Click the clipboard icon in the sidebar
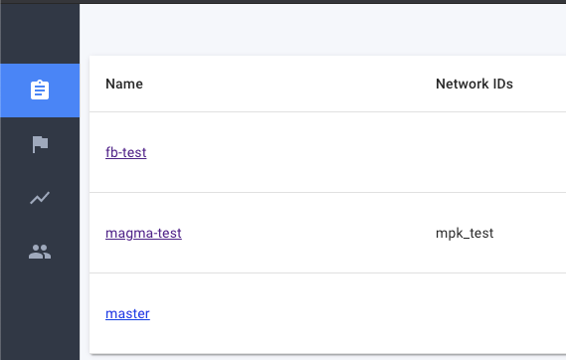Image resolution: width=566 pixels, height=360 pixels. point(40,90)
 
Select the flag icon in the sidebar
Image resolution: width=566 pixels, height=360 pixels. point(40,144)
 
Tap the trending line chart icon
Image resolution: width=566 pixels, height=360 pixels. point(40,198)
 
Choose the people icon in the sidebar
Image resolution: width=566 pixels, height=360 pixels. point(40,252)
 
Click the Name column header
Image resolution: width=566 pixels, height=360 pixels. point(124,85)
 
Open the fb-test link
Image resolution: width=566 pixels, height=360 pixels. point(126,152)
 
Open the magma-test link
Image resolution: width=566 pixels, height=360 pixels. point(143,234)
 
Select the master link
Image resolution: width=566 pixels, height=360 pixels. point(127,314)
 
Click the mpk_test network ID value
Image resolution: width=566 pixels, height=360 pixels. point(465,234)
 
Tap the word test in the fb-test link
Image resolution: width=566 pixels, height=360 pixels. point(134,152)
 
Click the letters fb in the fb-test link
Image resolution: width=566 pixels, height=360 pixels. point(110,152)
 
